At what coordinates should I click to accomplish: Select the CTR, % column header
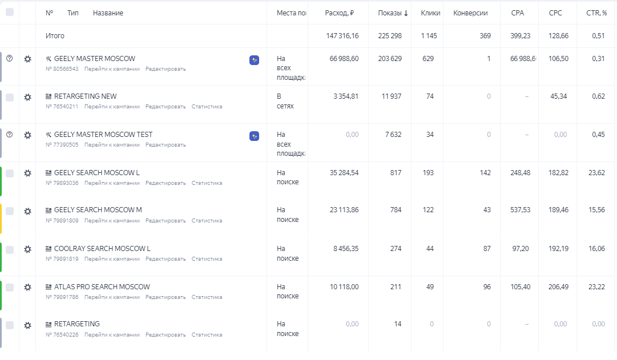point(596,13)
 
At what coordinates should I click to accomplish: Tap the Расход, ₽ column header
point(340,13)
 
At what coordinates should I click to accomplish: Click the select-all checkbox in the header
point(10,12)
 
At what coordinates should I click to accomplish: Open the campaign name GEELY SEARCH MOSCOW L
point(96,173)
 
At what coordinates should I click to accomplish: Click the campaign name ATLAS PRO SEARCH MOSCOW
point(102,287)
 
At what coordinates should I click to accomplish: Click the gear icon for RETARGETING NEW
point(27,98)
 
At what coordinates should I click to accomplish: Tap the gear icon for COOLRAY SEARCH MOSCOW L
point(27,250)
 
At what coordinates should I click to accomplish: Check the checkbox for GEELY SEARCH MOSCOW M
point(10,211)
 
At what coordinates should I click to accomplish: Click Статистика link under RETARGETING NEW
point(207,107)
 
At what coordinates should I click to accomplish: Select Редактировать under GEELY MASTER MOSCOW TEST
point(166,145)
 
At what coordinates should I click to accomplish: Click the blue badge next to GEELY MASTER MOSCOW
point(255,60)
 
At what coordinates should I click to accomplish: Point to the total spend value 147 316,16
point(342,36)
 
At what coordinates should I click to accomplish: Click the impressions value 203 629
point(390,59)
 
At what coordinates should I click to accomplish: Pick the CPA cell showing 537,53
point(520,210)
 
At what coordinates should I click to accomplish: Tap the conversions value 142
point(485,173)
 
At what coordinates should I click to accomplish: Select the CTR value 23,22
point(596,287)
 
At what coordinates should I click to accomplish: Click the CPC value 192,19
point(558,249)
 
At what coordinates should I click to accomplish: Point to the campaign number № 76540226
point(62,335)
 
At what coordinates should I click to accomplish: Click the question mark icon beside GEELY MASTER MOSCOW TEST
point(9,135)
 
